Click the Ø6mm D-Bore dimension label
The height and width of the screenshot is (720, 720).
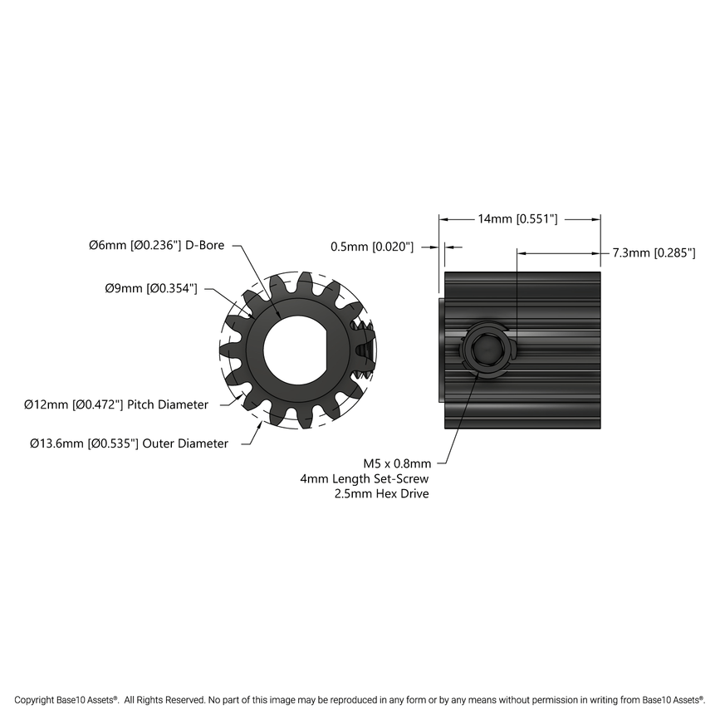[156, 246]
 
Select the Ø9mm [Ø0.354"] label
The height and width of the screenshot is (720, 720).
[150, 288]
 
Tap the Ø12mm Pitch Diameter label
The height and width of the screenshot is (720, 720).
[115, 404]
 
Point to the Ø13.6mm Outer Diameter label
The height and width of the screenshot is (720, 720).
[129, 443]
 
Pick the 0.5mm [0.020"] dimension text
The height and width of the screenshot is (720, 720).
[371, 247]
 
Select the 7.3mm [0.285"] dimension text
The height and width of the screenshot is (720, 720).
[654, 253]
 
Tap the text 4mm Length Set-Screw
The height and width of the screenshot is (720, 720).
[365, 479]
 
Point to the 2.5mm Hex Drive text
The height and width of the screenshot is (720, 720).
[380, 494]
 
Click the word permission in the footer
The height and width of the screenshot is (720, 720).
[527, 700]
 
